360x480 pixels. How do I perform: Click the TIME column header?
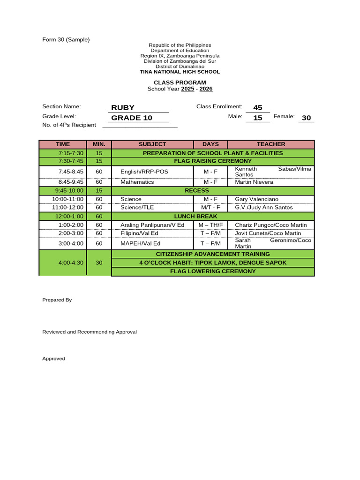pyautogui.click(x=62, y=144)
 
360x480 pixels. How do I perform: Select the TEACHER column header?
pyautogui.click(x=270, y=144)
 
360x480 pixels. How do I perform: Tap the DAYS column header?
pyautogui.click(x=210, y=144)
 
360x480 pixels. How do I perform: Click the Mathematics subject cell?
pyautogui.click(x=137, y=182)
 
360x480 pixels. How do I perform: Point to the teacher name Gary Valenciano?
pyautogui.click(x=256, y=199)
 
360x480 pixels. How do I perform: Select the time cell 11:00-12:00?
pyautogui.click(x=67, y=208)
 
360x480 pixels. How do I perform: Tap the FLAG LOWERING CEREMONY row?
pyautogui.click(x=213, y=271)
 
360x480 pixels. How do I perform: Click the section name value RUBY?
pyautogui.click(x=123, y=107)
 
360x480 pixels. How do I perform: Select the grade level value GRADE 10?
pyautogui.click(x=132, y=118)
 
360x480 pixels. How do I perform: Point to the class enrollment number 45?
pyautogui.click(x=257, y=108)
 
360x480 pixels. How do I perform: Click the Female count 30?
pyautogui.click(x=307, y=118)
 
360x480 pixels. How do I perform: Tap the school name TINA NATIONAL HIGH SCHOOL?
pyautogui.click(x=180, y=72)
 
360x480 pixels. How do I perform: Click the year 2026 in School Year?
pyautogui.click(x=206, y=89)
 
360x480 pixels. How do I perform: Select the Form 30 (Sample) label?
pyautogui.click(x=66, y=40)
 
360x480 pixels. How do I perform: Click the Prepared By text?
pyautogui.click(x=57, y=300)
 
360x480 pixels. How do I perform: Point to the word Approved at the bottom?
pyautogui.click(x=53, y=359)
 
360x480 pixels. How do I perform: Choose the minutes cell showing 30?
pyautogui.click(x=99, y=263)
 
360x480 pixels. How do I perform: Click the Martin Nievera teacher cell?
pyautogui.click(x=254, y=182)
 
